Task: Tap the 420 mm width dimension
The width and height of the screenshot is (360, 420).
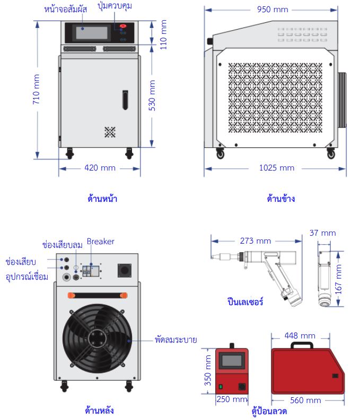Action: (x=100, y=168)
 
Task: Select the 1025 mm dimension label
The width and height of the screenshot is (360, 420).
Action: (x=276, y=168)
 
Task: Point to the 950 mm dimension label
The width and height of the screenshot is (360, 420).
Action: (x=273, y=10)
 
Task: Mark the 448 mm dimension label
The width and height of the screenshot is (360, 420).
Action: (x=300, y=336)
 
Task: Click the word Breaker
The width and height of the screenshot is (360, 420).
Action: (x=101, y=242)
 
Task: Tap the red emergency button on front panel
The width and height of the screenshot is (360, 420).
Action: (x=124, y=26)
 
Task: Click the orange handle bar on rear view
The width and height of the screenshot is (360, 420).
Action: (x=96, y=295)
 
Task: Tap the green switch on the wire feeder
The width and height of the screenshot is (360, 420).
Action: (x=220, y=386)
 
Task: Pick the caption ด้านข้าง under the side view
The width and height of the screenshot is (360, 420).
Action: (x=281, y=199)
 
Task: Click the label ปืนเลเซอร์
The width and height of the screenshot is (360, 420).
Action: (x=244, y=302)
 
